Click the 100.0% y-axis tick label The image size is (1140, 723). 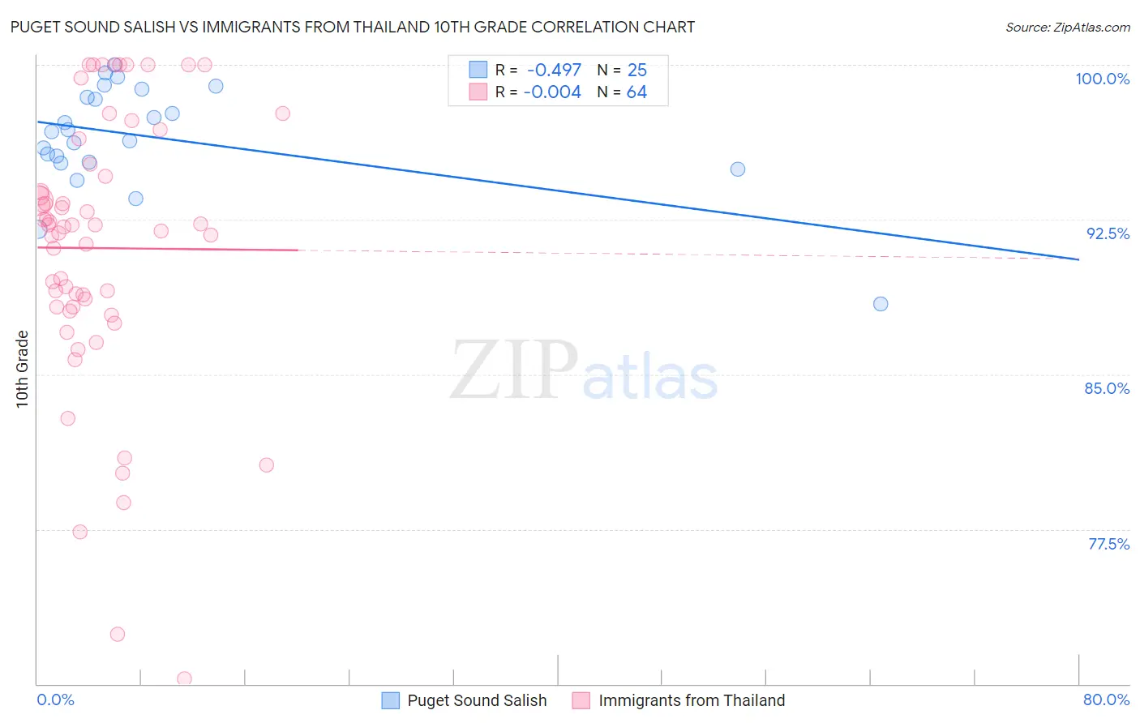coord(1102,79)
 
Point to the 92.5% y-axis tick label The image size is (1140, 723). coord(1108,233)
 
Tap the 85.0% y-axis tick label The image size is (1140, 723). coord(1107,388)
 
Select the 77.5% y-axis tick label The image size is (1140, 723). coord(1108,544)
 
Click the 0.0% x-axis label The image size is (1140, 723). coord(55,699)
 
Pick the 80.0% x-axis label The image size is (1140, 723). coord(1106,699)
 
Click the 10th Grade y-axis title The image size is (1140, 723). coord(22,369)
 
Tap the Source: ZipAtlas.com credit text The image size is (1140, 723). coord(1067,28)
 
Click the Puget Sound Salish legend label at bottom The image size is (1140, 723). coord(477,700)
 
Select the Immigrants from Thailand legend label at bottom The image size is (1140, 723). coord(692,700)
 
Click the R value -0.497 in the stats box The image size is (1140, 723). coord(554,71)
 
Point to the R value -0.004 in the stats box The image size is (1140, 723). coord(552,92)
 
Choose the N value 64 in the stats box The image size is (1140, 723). coord(636,92)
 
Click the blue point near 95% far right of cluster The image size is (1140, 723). coord(738,169)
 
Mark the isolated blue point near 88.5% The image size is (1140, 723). coord(881,304)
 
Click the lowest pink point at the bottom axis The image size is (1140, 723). coord(184,678)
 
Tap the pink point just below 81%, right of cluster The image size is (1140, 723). coord(266,465)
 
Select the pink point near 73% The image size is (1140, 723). coord(118,634)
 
